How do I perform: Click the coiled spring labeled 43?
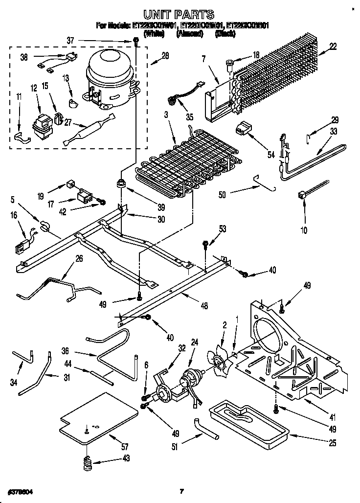(88, 463)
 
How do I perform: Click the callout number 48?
(204, 306)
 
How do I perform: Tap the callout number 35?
(190, 117)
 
